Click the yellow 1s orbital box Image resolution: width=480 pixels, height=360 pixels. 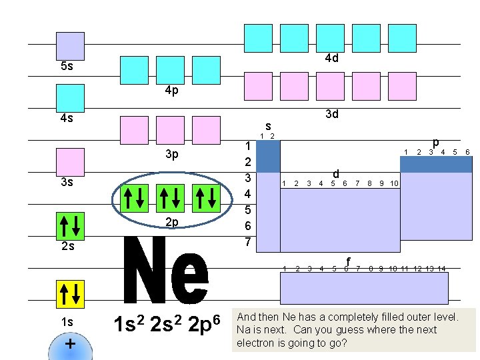click(x=70, y=291)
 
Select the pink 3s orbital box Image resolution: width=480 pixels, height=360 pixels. click(x=70, y=161)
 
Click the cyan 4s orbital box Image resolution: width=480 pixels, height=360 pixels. click(x=70, y=98)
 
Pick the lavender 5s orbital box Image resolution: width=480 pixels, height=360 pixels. click(x=70, y=46)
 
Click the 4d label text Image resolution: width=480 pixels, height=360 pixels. click(x=332, y=59)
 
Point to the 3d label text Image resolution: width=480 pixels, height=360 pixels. click(x=332, y=114)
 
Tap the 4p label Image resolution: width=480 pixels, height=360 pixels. click(x=171, y=91)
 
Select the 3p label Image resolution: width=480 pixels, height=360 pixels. click(x=171, y=155)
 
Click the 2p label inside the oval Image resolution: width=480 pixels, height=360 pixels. click(x=171, y=222)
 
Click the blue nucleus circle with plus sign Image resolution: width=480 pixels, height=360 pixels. click(x=69, y=345)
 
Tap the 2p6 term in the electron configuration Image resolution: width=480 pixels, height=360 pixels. click(x=203, y=325)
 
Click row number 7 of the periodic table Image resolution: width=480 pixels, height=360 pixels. click(x=247, y=241)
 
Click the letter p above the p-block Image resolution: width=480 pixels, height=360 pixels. click(x=435, y=143)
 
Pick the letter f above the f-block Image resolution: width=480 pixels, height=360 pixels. click(x=348, y=261)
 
